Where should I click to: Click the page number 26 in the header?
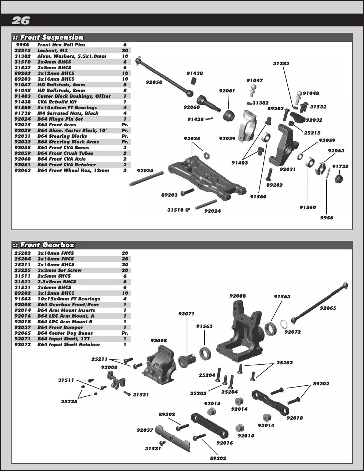point(21,21)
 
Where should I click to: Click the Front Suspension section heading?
point(52,37)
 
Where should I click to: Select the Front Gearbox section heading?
point(47,245)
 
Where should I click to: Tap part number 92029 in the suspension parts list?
point(22,131)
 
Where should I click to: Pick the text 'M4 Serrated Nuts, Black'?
point(68,113)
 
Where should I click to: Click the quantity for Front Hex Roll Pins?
point(125,45)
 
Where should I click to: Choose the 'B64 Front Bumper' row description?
point(60,328)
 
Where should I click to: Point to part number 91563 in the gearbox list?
point(22,299)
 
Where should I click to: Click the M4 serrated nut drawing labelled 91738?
point(338,178)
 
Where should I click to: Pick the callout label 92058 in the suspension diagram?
point(154,82)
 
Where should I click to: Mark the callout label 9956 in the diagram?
point(327,218)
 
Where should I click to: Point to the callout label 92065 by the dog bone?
point(328,308)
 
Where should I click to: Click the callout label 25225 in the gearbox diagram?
point(69,402)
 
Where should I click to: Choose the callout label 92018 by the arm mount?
point(295,418)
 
